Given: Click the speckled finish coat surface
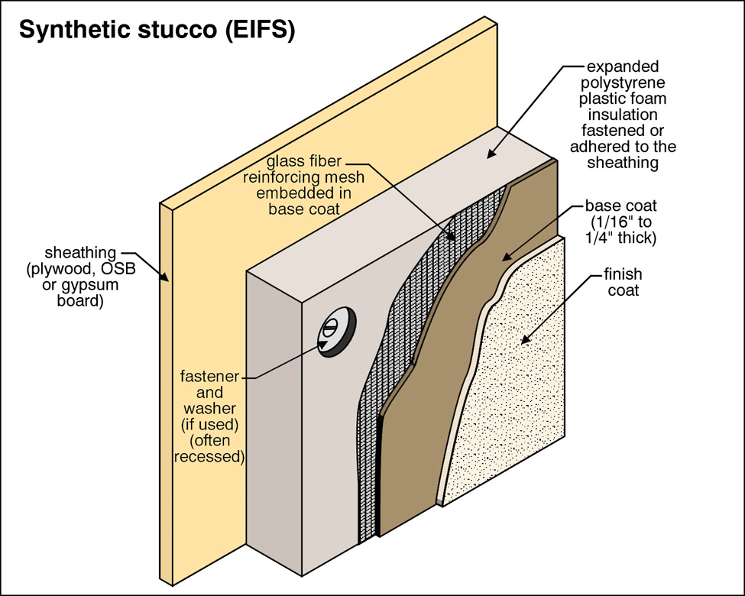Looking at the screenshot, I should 520,397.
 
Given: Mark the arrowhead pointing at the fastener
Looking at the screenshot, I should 324,345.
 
